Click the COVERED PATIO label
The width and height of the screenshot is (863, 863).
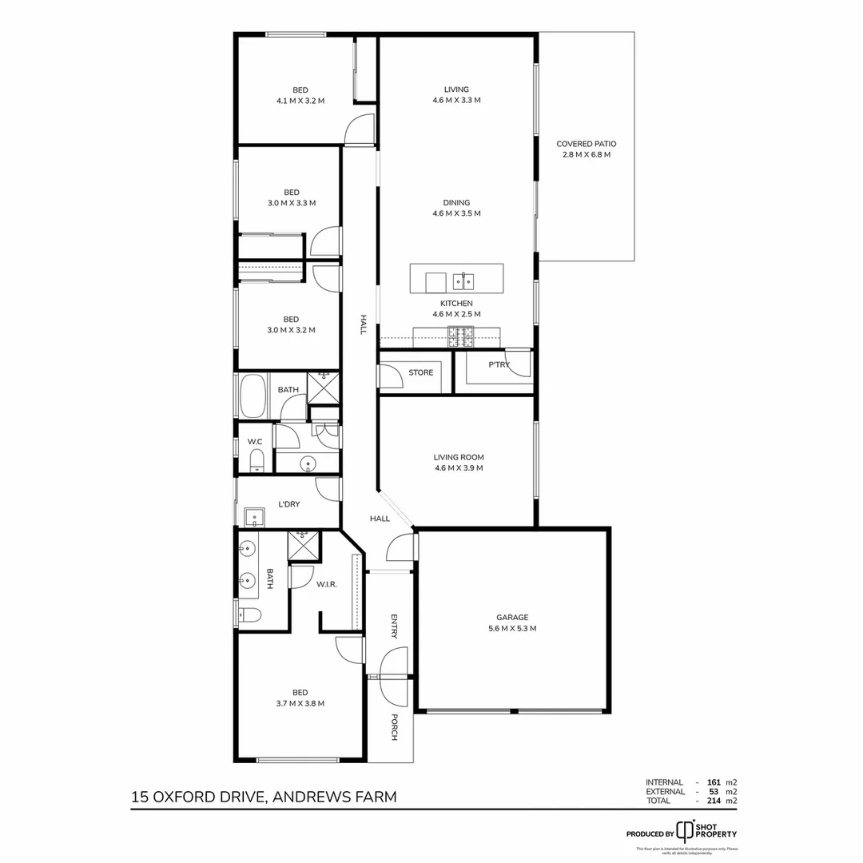pos(586,149)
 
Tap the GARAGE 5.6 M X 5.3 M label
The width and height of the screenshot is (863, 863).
pos(512,622)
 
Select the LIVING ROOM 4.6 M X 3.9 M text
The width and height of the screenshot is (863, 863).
pos(459,463)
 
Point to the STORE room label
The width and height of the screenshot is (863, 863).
pos(420,372)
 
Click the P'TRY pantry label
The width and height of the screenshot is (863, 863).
pos(499,364)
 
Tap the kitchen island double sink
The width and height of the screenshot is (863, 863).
pos(463,280)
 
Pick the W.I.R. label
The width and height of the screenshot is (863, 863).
pos(327,584)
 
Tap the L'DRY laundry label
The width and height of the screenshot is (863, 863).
pos(288,504)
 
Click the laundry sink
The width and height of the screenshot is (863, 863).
pos(255,517)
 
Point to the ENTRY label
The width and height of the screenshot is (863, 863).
pos(394,626)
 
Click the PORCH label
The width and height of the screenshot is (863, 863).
pos(394,726)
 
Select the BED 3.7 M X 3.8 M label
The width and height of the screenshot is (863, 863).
pos(300,698)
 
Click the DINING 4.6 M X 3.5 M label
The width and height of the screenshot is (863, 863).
pos(456,208)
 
